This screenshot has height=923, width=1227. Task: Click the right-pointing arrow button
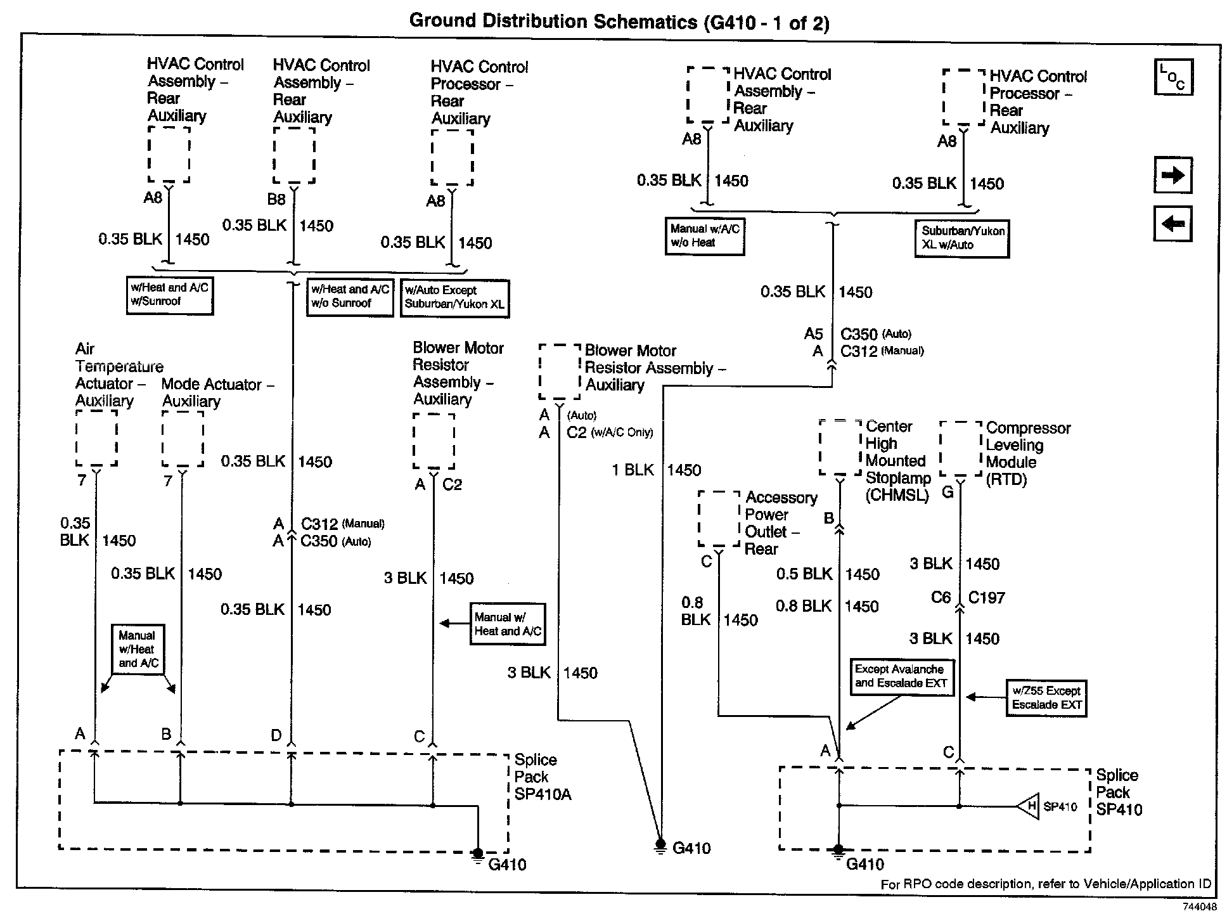pyautogui.click(x=1172, y=175)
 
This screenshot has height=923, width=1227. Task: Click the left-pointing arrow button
pyautogui.click(x=1172, y=224)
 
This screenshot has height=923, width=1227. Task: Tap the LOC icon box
pyautogui.click(x=1173, y=77)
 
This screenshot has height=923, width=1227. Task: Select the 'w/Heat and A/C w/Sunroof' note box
pyautogui.click(x=169, y=295)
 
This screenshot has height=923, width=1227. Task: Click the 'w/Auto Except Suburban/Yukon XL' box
pyautogui.click(x=454, y=297)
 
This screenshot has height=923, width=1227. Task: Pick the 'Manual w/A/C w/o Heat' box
pyautogui.click(x=705, y=236)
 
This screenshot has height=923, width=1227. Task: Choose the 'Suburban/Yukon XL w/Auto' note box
pyautogui.click(x=962, y=238)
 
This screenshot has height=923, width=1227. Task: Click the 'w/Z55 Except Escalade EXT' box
pyautogui.click(x=1046, y=698)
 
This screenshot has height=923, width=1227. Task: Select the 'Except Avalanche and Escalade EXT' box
pyautogui.click(x=901, y=676)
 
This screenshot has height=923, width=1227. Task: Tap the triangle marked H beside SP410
pyautogui.click(x=1029, y=806)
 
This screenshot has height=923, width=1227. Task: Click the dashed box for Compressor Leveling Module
pyautogui.click(x=961, y=449)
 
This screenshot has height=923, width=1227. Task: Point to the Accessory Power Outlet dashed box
pyautogui.click(x=719, y=518)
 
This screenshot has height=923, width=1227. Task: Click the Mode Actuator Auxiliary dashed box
pyautogui.click(x=183, y=439)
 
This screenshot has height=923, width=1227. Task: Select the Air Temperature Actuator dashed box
pyautogui.click(x=96, y=437)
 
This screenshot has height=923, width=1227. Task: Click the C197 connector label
pyautogui.click(x=986, y=598)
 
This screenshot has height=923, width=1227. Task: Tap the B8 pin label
pyautogui.click(x=276, y=200)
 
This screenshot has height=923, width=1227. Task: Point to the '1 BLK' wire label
pyautogui.click(x=633, y=470)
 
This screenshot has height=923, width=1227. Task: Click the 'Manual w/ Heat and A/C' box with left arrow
pyautogui.click(x=508, y=624)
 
